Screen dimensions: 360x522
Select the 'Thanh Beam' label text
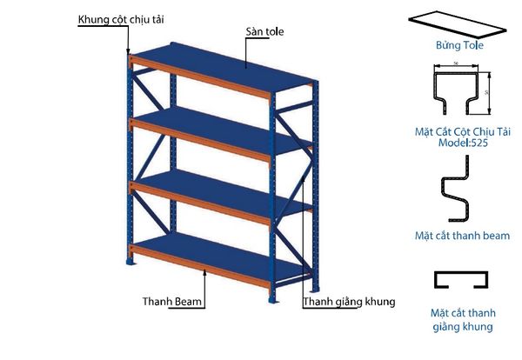click(x=173, y=303)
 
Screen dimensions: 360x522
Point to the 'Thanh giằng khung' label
click(x=349, y=303)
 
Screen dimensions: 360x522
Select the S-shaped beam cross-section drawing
click(x=458, y=199)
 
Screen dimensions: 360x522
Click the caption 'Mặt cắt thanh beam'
click(x=462, y=236)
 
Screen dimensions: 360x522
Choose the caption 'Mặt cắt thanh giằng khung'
click(x=462, y=319)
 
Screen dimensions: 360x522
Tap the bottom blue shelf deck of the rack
click(x=217, y=251)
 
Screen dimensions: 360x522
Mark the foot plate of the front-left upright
click(x=132, y=263)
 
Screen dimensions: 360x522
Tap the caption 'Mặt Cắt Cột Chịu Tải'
click(x=462, y=131)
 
